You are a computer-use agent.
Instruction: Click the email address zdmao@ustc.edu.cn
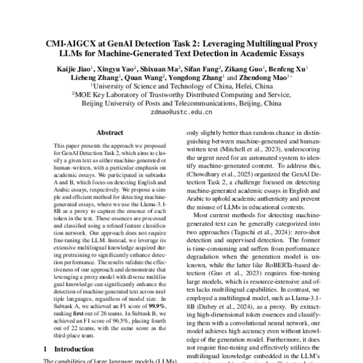(181, 113)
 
